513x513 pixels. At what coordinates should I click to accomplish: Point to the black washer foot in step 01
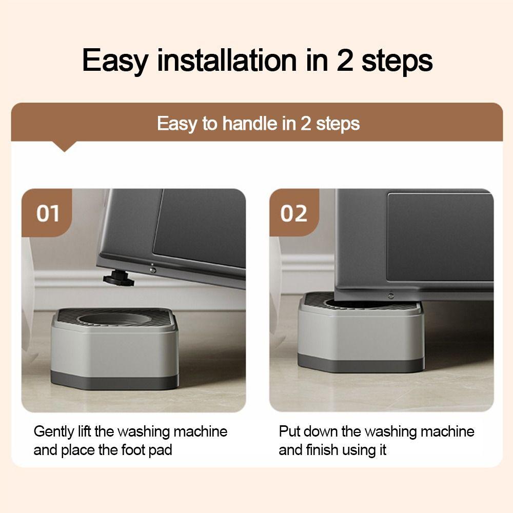pos(118,279)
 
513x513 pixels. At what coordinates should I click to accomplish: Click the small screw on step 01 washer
pos(152,270)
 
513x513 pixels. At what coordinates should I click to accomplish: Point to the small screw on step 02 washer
pos(390,295)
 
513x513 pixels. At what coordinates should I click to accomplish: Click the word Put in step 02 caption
pos(288,431)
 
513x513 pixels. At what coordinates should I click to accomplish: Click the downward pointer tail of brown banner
pos(65,147)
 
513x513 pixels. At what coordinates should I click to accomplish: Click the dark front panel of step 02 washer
pos(439,236)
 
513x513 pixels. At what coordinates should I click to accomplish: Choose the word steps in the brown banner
pos(337,124)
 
